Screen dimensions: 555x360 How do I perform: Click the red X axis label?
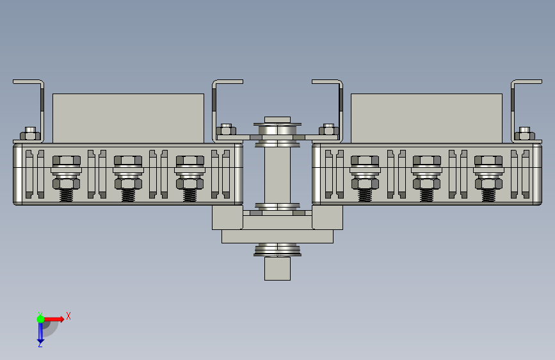click(x=68, y=316)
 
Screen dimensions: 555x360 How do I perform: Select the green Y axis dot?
click(x=40, y=319)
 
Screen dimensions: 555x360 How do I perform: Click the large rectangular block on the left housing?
click(x=128, y=119)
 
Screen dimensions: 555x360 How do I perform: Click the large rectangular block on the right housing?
click(x=426, y=119)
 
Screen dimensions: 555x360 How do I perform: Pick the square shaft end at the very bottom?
click(x=278, y=268)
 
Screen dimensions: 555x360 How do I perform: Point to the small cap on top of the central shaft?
click(x=278, y=120)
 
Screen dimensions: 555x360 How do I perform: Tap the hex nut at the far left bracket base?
click(x=30, y=134)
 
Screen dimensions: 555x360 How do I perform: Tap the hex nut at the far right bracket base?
click(x=524, y=134)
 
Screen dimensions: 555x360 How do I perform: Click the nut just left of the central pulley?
click(x=226, y=129)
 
